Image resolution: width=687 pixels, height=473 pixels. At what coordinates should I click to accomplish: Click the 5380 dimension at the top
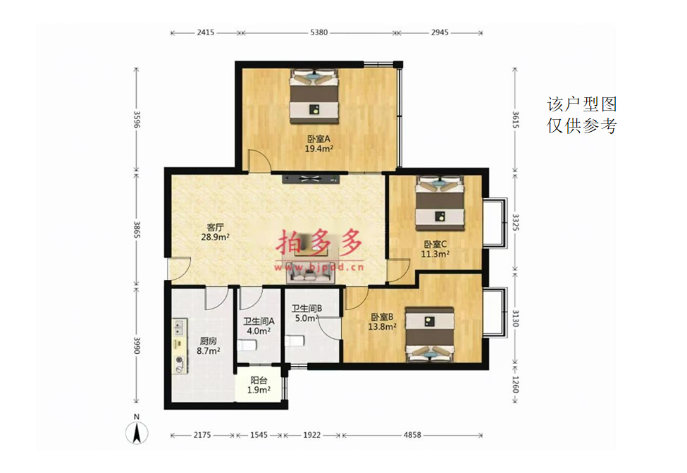[319, 32]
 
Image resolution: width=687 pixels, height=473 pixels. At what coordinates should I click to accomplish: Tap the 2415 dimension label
[206, 32]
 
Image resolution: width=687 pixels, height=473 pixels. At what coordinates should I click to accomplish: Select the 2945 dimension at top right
[440, 32]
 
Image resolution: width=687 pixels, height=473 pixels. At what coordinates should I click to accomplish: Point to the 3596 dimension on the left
[137, 119]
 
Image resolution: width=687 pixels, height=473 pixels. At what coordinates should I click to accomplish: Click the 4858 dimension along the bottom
[412, 435]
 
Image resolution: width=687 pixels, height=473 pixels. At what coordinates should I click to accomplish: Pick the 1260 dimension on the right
[515, 385]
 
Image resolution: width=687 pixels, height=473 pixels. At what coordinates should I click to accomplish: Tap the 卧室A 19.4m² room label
[319, 144]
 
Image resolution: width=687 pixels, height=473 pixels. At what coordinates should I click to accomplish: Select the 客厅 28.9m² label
[215, 233]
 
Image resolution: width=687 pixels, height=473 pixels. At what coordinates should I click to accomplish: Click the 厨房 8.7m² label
[208, 345]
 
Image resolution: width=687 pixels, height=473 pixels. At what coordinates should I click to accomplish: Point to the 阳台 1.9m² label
[259, 386]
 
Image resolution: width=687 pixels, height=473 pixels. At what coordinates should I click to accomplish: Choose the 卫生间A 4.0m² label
[259, 326]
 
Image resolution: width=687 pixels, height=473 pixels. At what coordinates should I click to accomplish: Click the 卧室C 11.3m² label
[435, 249]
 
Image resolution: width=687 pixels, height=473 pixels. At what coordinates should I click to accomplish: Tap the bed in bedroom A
[314, 97]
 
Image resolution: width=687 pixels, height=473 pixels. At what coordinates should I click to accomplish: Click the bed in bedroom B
[430, 334]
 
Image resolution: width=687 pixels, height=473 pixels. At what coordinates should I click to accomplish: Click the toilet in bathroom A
[247, 345]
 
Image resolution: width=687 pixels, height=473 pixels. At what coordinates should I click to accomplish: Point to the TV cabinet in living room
[311, 178]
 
